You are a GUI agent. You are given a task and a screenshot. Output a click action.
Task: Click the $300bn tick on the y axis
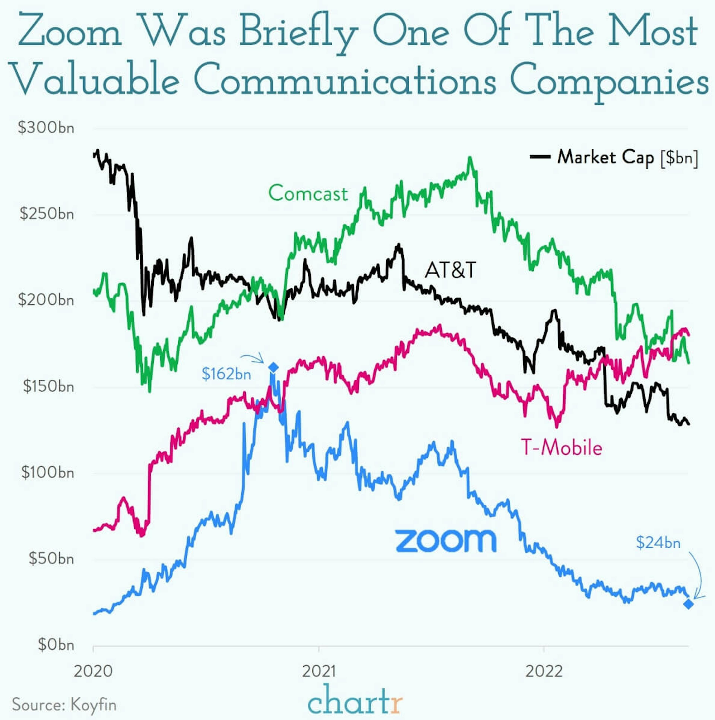(46, 128)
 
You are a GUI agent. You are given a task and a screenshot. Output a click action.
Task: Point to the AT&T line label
(450, 270)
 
